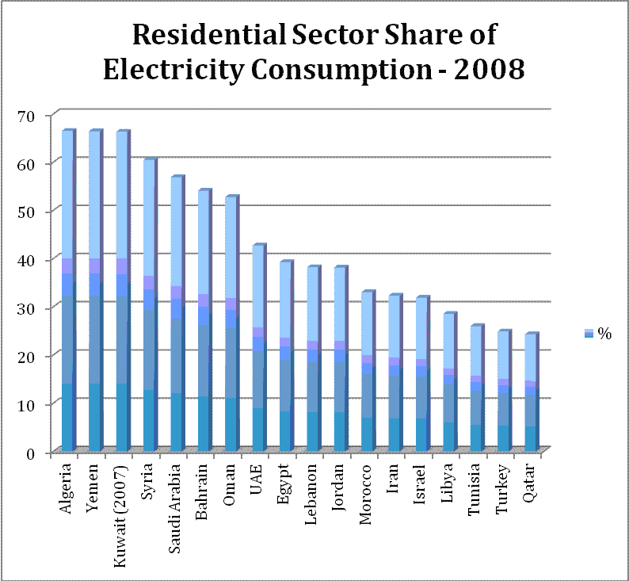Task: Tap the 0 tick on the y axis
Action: (x=31, y=453)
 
